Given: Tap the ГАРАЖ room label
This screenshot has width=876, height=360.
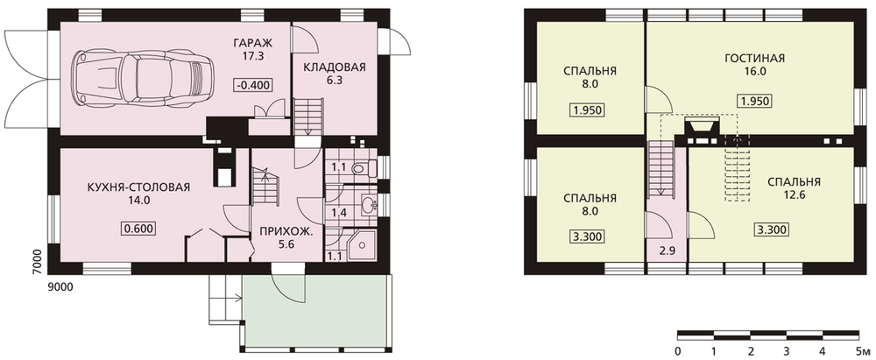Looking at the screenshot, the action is point(254,42).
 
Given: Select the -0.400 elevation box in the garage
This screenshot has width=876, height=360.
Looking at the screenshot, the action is point(254,85).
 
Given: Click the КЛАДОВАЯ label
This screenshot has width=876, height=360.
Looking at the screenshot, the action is point(334,67).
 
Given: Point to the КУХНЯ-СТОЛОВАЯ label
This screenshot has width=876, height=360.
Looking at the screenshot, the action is point(138,187).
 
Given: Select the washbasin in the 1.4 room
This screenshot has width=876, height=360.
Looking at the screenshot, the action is point(369,205).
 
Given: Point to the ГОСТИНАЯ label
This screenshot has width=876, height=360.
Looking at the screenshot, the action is point(754,58).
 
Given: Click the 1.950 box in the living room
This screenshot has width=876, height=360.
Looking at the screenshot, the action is point(754,101).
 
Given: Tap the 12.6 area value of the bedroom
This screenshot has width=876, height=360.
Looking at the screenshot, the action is point(794,194).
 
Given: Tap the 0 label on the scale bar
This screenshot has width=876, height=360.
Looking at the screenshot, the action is point(678,351).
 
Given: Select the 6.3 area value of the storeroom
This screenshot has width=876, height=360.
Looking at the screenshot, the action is point(334,80).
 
